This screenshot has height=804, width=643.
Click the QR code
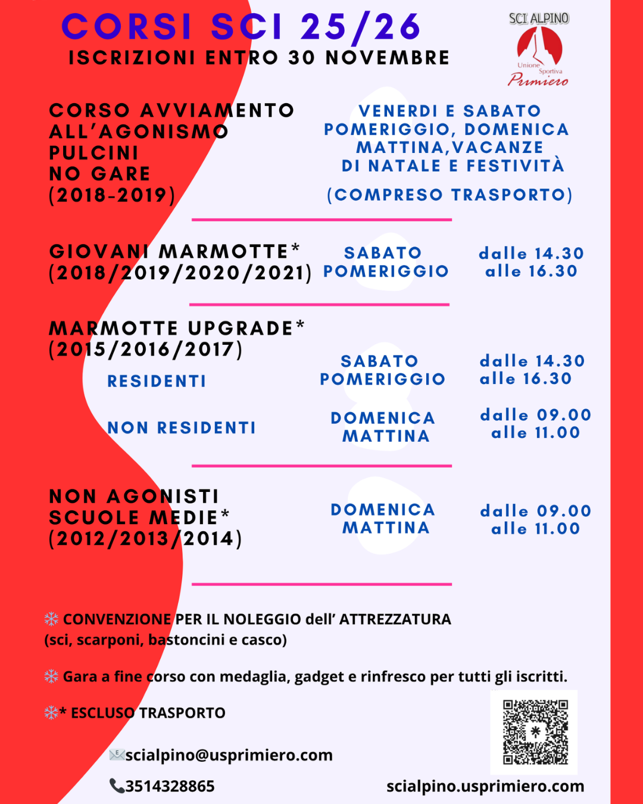tap(534, 732)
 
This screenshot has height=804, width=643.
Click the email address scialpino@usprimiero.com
tap(229, 755)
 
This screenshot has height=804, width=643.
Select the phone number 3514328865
tap(170, 786)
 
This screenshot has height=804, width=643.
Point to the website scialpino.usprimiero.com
tap(485, 786)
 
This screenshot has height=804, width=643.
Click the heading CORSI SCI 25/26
tap(241, 27)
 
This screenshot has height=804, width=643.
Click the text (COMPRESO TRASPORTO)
tap(450, 195)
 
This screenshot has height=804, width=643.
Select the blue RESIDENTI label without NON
tap(157, 381)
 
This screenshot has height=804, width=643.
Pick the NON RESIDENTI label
tap(182, 428)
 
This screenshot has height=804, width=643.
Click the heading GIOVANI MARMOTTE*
tap(174, 251)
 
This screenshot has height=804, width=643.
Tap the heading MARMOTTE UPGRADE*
tap(177, 328)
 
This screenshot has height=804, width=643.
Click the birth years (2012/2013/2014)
tap(145, 538)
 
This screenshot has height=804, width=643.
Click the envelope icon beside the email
tap(116, 755)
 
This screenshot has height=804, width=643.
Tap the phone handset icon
tap(116, 786)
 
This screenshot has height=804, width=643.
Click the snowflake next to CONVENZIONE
tap(51, 619)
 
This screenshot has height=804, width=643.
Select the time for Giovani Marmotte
tap(531, 262)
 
